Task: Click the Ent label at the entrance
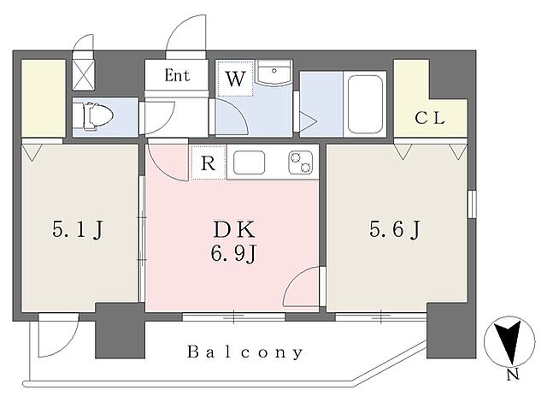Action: (177, 75)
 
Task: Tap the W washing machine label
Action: (235, 79)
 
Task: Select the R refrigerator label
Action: (209, 163)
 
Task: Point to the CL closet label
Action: (430, 119)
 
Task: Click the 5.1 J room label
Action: (78, 230)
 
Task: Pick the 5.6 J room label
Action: (395, 230)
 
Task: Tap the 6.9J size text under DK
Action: (233, 253)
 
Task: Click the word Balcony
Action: (245, 352)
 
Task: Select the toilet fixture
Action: (95, 116)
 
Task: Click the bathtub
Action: (365, 104)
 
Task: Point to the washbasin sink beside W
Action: (273, 73)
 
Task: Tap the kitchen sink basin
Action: (249, 163)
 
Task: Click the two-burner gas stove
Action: (300, 163)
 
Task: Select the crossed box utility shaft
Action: (83, 75)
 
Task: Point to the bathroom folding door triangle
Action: (308, 121)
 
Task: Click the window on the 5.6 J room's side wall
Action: (472, 204)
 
